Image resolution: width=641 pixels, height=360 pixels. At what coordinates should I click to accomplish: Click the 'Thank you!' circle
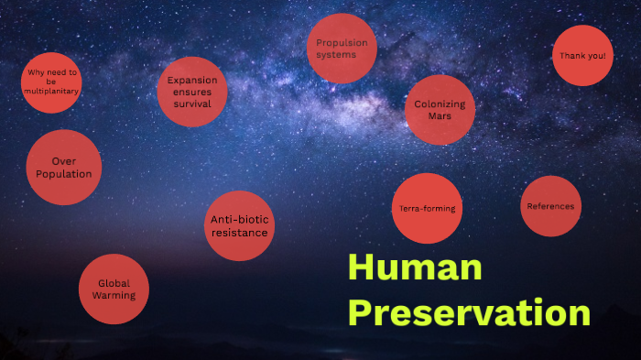point(582,55)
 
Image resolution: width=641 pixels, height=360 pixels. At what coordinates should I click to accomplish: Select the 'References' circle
point(550,206)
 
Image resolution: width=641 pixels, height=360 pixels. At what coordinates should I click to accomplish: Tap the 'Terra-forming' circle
point(427,209)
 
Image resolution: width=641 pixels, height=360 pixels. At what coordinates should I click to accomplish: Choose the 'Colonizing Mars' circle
point(440,110)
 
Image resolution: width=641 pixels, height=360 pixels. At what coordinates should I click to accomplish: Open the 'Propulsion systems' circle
point(342,49)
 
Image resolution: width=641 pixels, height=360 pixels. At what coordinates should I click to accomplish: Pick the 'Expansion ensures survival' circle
point(192,92)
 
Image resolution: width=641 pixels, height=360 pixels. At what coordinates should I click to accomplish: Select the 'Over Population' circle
point(64,168)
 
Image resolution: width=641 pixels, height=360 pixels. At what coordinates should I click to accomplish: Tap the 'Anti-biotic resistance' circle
point(239,225)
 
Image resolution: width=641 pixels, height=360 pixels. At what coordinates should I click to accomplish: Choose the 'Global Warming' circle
point(114,289)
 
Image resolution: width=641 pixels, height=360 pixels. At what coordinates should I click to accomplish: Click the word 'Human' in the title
point(414,268)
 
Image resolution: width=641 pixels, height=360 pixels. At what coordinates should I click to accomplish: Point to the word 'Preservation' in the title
point(469,313)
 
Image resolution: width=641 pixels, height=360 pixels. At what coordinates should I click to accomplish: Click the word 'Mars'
point(440,116)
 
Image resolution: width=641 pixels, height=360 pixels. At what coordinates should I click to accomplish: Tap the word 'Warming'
point(114,296)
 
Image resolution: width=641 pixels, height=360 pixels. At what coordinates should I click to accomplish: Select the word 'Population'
point(64,174)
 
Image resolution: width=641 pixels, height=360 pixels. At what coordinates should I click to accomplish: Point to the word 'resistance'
point(239,233)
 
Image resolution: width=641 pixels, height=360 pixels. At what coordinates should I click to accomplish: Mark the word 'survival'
point(192,104)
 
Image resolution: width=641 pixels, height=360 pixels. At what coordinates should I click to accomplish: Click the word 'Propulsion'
point(342,42)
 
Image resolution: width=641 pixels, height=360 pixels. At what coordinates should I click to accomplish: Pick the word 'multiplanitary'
point(53,92)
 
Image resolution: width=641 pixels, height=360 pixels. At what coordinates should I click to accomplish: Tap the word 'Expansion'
point(192,80)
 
